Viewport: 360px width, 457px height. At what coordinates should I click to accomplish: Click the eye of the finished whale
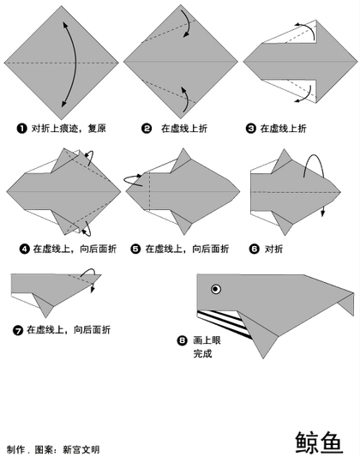(x=215, y=289)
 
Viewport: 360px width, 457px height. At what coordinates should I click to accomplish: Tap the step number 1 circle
(x=21, y=129)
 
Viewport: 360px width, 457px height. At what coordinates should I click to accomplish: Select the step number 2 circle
(x=147, y=129)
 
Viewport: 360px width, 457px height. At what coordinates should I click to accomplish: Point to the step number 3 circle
(x=250, y=129)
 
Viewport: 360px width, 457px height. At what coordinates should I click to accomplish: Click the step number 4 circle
(x=25, y=249)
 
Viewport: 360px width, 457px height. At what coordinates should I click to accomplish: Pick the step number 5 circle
(x=135, y=249)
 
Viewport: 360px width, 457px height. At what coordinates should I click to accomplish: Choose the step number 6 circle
(x=254, y=249)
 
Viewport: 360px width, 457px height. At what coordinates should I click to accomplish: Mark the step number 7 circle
(x=18, y=330)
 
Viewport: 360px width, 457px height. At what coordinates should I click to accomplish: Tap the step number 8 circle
(x=182, y=340)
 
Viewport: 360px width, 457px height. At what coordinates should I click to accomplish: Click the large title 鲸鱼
(x=319, y=443)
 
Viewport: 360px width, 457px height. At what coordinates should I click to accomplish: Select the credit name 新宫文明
(x=81, y=449)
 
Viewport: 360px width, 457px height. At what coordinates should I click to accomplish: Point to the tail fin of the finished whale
(x=346, y=304)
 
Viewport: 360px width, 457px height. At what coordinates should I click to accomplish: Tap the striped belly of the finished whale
(x=224, y=323)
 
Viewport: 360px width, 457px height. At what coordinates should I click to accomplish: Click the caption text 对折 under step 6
(x=273, y=249)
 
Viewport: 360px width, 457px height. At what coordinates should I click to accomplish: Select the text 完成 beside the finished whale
(x=202, y=353)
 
